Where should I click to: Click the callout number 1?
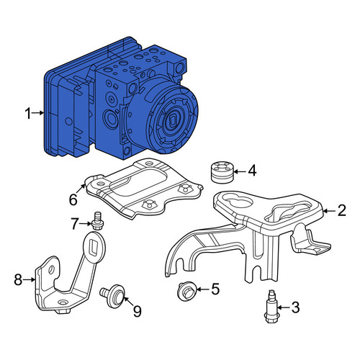pyautogui.click(x=28, y=113)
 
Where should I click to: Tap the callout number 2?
pyautogui.click(x=341, y=210)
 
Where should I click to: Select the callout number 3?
pyautogui.click(x=296, y=307)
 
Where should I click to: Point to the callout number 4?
pyautogui.click(x=252, y=171)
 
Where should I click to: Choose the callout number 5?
pyautogui.click(x=215, y=289)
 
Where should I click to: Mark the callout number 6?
pyautogui.click(x=73, y=199)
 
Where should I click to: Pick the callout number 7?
pyautogui.click(x=75, y=224)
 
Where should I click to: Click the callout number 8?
pyautogui.click(x=18, y=279)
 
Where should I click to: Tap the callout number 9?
pyautogui.click(x=137, y=311)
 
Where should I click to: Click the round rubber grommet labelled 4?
pyautogui.click(x=222, y=171)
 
